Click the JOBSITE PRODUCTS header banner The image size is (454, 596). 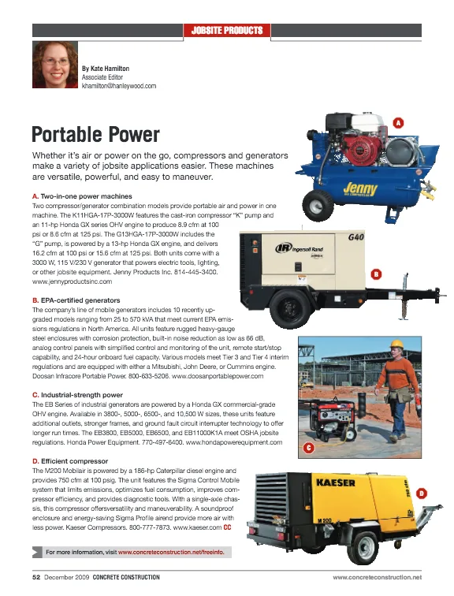pyautogui.click(x=227, y=31)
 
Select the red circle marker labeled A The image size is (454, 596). pyautogui.click(x=398, y=123)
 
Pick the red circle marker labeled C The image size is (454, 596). pyautogui.click(x=310, y=448)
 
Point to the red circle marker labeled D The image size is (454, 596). pyautogui.click(x=422, y=493)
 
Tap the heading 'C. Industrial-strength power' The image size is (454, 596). pyautogui.click(x=77, y=394)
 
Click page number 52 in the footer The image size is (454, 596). pyautogui.click(x=35, y=578)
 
